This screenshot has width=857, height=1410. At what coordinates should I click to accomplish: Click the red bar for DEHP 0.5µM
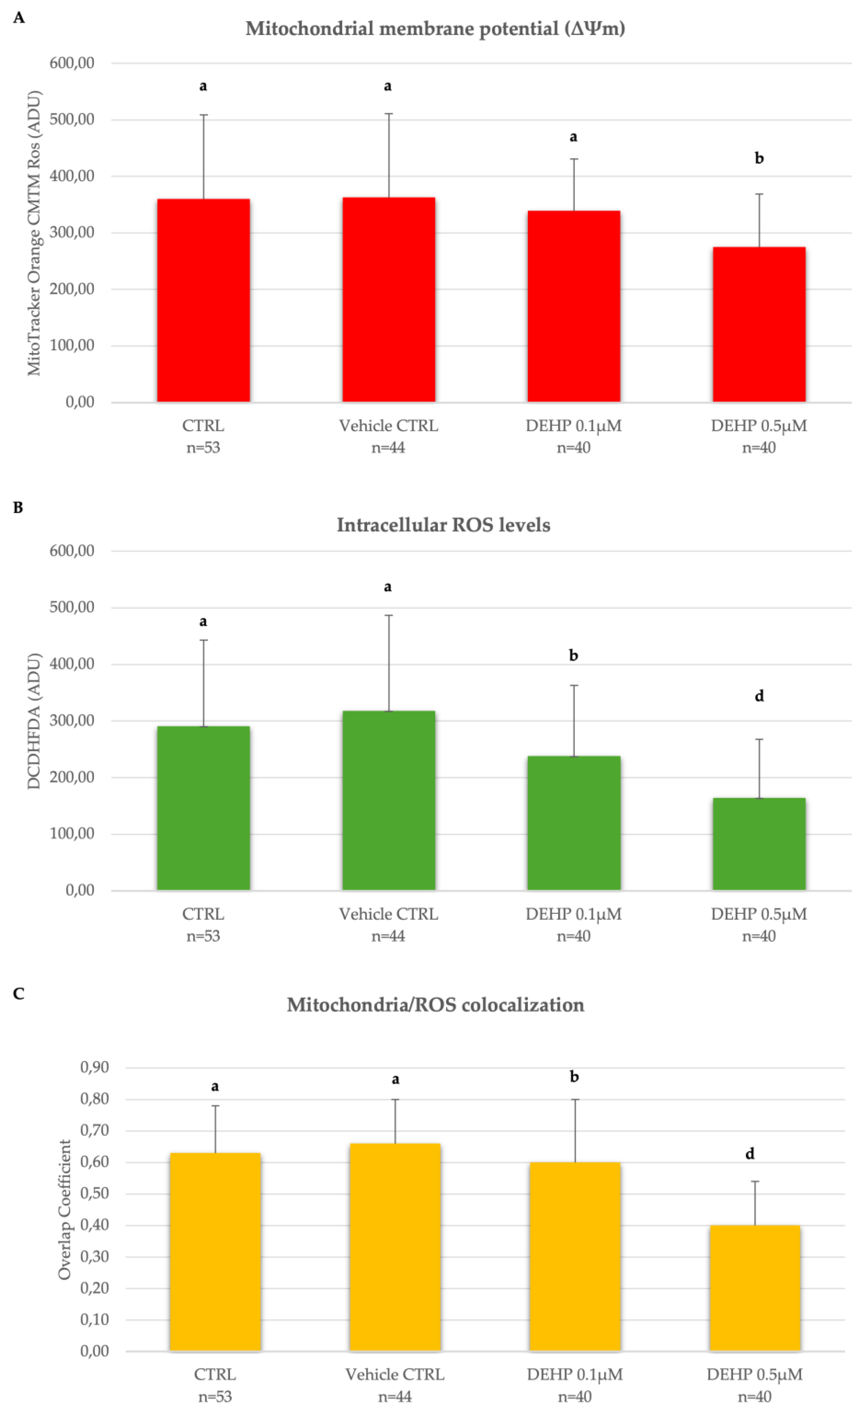759,324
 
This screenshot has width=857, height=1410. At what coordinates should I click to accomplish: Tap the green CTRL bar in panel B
203,808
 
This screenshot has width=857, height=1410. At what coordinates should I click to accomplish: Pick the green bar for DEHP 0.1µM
574,823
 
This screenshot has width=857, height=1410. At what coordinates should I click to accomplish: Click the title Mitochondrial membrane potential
435,28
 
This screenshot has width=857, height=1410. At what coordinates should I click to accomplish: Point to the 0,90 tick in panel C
94,1067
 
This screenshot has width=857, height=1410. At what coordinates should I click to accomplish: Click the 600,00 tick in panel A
72,63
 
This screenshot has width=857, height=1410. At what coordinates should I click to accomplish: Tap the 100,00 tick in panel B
72,833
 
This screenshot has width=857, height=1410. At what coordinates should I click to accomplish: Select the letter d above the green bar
759,696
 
